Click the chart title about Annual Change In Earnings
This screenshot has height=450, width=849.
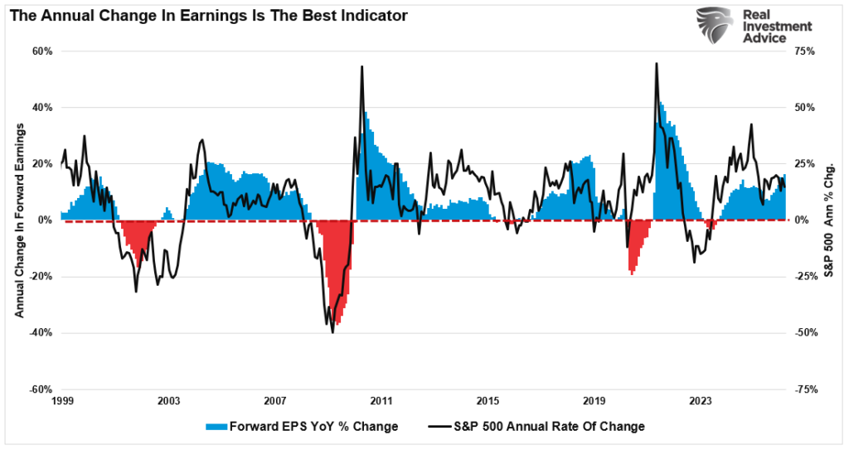(209, 16)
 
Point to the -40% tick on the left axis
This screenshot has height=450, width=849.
(41, 333)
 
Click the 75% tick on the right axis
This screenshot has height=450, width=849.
(806, 51)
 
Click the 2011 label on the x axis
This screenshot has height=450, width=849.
(381, 401)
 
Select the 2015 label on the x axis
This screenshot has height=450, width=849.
(488, 401)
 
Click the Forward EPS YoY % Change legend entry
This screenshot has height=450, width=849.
(302, 427)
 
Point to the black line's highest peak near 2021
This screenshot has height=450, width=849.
(656, 64)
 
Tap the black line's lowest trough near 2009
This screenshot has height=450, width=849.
(332, 332)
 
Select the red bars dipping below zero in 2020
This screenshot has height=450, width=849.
(633, 253)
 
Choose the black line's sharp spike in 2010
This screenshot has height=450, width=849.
(362, 67)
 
